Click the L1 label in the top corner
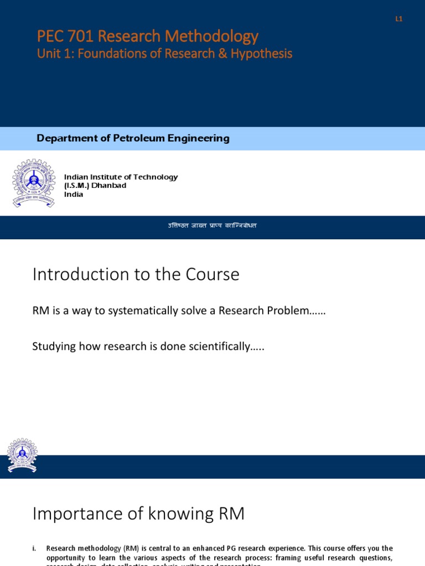398,19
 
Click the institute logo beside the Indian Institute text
34,184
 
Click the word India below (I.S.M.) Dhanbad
74,195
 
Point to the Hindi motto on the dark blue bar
212,226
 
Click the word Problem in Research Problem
297,311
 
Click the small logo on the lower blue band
22,456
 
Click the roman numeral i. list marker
35,548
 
